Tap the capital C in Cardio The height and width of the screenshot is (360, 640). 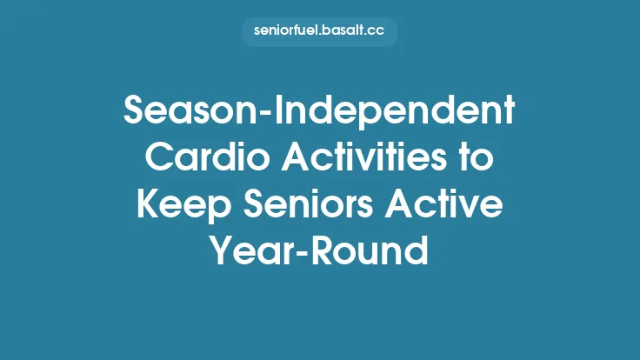(158, 160)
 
